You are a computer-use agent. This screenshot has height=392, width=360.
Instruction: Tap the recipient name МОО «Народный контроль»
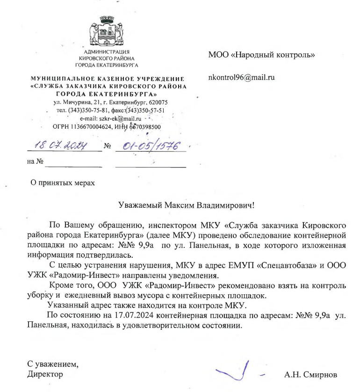click(x=261, y=55)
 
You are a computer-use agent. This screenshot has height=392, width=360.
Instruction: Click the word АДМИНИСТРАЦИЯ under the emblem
click(x=108, y=51)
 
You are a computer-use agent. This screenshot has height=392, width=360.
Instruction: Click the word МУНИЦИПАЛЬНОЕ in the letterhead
click(x=57, y=79)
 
